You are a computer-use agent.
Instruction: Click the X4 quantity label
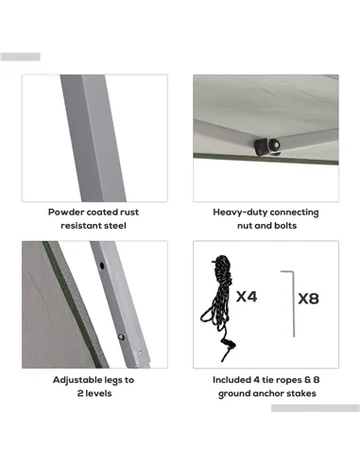point(247,297)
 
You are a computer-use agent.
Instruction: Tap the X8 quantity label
point(309,299)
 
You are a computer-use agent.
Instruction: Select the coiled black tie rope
point(218,307)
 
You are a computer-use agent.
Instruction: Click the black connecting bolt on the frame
point(267,146)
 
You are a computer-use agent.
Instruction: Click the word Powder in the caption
point(66,212)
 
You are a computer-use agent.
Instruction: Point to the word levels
point(98,393)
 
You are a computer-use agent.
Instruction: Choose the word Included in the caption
point(231,380)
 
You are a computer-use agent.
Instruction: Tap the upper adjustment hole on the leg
point(102,266)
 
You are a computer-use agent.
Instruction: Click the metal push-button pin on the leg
point(121,337)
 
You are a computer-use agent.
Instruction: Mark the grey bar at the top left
point(21,57)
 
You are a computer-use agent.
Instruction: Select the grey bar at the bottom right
point(316,408)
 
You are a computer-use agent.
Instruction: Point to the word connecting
point(294,213)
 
